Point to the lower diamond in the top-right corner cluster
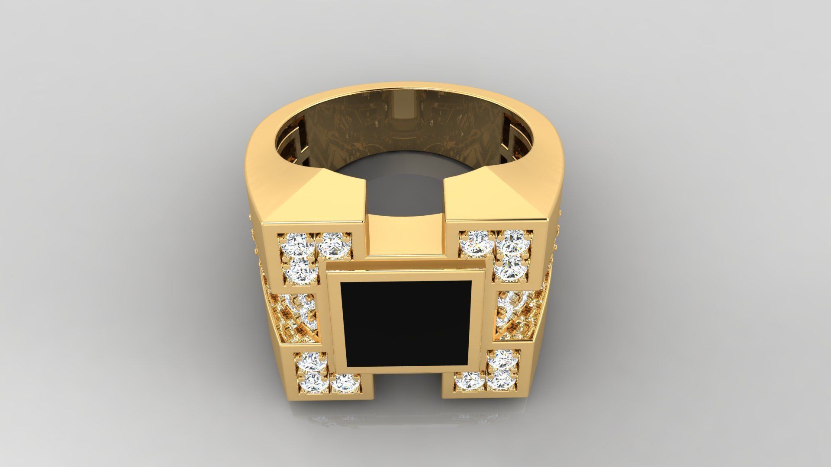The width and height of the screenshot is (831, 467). click(x=509, y=269)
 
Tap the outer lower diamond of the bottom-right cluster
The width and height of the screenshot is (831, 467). click(x=501, y=381)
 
